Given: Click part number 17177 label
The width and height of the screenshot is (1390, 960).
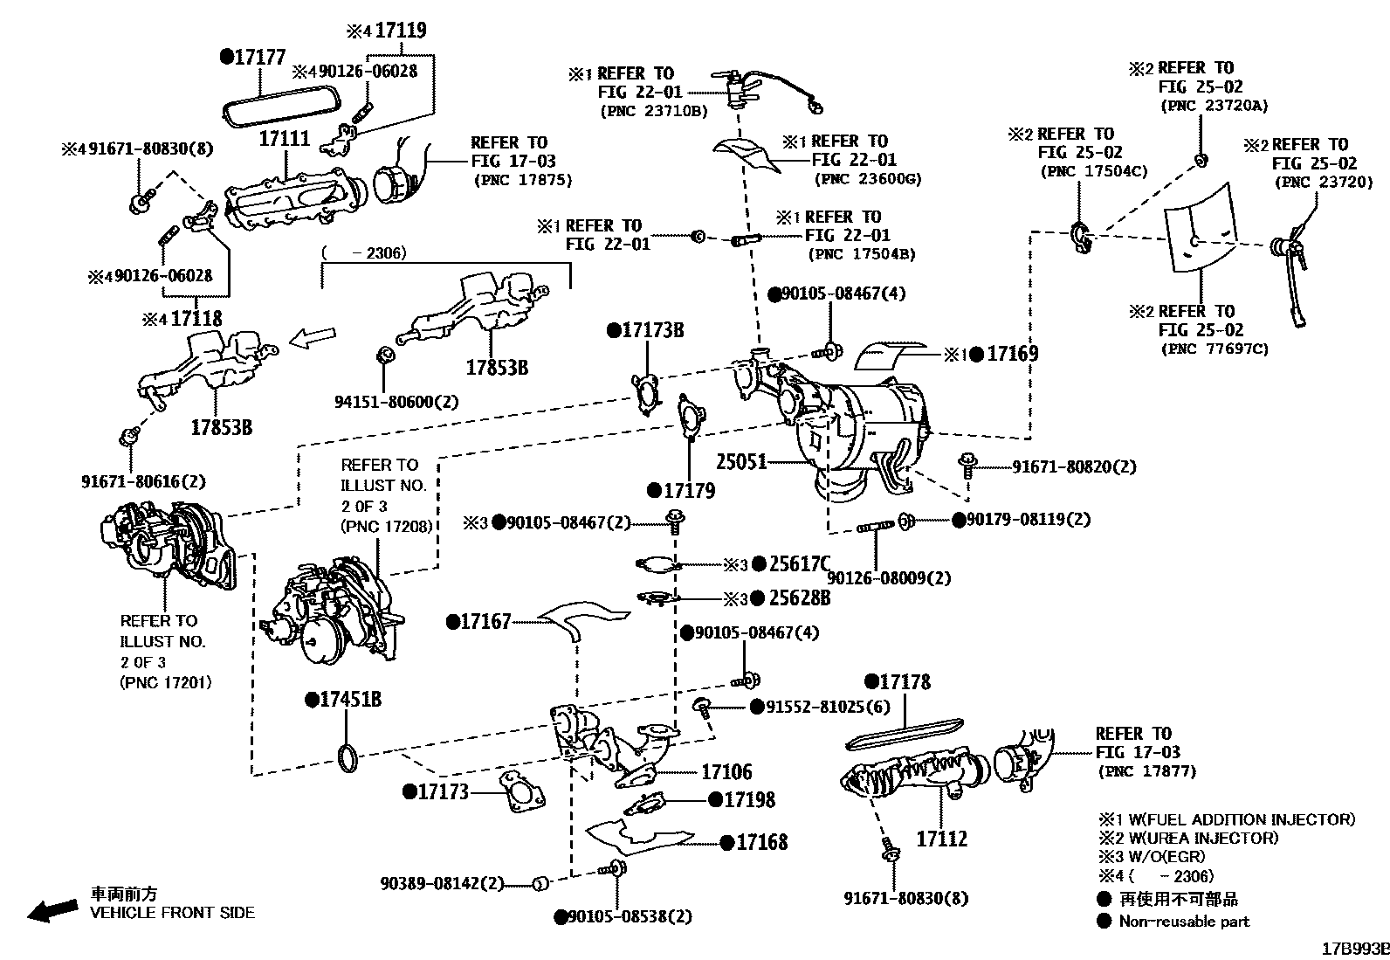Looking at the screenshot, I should (259, 57).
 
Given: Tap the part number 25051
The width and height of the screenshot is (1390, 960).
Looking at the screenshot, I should (741, 460).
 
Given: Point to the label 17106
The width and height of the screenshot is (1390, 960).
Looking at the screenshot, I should (726, 771).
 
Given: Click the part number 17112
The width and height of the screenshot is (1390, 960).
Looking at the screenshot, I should (941, 839).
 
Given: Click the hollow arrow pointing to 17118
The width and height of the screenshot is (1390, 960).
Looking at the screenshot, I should (312, 338).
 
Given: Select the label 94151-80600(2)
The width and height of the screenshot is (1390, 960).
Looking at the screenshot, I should (396, 402).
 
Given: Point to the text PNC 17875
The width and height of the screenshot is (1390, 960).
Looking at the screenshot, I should (523, 180).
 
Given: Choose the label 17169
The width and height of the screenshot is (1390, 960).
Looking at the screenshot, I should (1012, 354).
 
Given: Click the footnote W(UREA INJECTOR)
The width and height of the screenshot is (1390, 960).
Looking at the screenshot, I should (1196, 838).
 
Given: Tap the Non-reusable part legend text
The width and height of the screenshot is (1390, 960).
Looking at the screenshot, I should (1184, 921).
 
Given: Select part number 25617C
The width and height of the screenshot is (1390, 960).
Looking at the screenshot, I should (799, 564).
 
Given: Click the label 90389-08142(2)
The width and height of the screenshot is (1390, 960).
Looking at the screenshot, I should (442, 883).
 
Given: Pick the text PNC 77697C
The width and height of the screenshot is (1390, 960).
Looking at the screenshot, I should (1215, 349).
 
